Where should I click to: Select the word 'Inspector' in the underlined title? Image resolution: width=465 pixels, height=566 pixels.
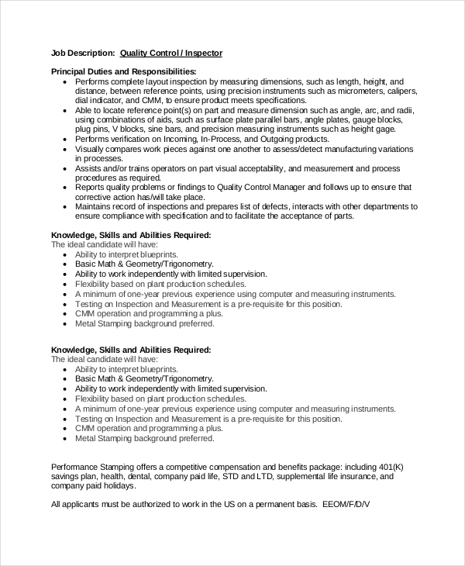203,53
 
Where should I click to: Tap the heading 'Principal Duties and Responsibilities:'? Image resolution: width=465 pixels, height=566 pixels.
123,71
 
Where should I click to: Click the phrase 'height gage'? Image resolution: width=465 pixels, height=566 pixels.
375,129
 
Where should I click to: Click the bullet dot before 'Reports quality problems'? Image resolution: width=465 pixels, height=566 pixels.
64,187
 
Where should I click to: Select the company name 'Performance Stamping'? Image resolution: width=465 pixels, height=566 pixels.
95,467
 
